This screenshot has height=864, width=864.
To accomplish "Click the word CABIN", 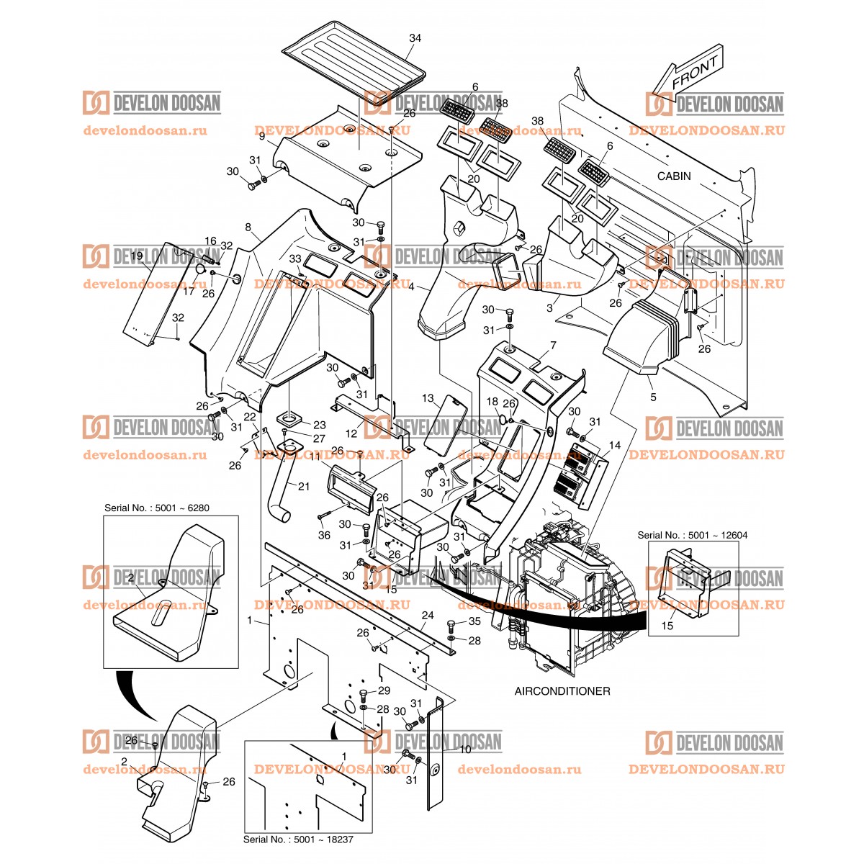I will [x=674, y=176].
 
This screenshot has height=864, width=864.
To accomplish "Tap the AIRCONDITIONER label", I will [x=562, y=691].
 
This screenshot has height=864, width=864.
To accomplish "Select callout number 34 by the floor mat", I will [x=415, y=37].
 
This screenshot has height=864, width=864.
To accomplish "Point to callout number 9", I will [x=261, y=136].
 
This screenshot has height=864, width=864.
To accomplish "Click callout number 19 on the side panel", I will [x=136, y=256].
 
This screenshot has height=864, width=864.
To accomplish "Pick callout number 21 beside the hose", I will [x=303, y=487].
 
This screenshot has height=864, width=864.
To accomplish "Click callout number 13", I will [x=428, y=398].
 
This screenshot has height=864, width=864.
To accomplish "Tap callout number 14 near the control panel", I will [x=614, y=446].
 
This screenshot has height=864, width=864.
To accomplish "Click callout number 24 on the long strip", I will [x=428, y=616].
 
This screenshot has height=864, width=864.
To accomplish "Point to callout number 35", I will [x=474, y=621].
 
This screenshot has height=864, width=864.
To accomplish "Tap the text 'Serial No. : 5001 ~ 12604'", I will [x=693, y=535].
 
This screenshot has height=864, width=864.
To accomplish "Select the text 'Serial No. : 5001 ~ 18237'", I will [x=298, y=840].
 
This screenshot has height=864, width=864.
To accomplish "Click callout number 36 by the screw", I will [x=325, y=535].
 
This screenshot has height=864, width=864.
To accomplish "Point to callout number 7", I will [x=553, y=346].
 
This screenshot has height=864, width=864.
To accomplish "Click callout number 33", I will [x=295, y=258].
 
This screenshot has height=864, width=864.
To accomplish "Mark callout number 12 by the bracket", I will [x=351, y=433].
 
